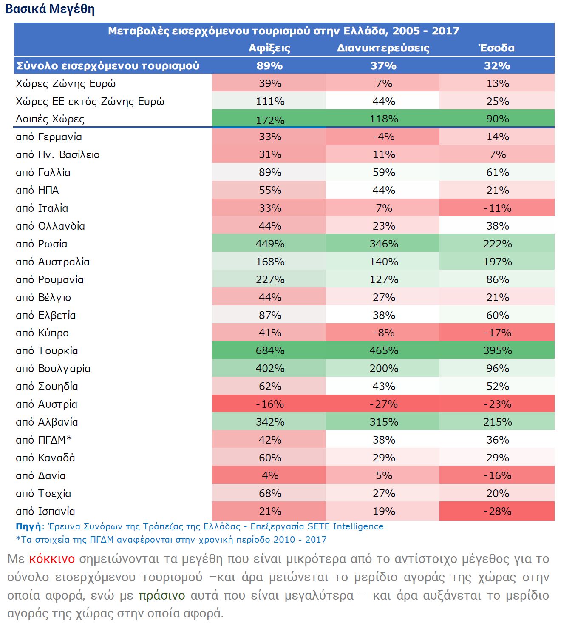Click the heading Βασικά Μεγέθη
(x=50, y=9)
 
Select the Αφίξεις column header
(x=269, y=48)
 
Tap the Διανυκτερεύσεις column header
(x=383, y=48)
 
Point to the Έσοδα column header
(x=497, y=48)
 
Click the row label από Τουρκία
(x=47, y=351)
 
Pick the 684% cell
(x=270, y=351)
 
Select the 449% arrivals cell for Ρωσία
(x=270, y=244)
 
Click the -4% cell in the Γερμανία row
(x=383, y=137)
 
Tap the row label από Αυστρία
(x=46, y=404)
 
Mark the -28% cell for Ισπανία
(x=497, y=512)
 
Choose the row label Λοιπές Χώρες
(x=50, y=119)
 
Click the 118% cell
(x=384, y=119)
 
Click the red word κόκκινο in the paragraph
(x=52, y=559)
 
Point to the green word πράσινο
(x=162, y=595)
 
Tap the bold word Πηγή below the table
(x=28, y=526)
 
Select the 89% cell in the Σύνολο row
(x=269, y=66)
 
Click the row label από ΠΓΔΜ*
(x=43, y=440)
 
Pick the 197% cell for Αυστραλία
(x=497, y=262)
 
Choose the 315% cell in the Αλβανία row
(x=384, y=422)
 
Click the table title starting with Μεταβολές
(x=283, y=31)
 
